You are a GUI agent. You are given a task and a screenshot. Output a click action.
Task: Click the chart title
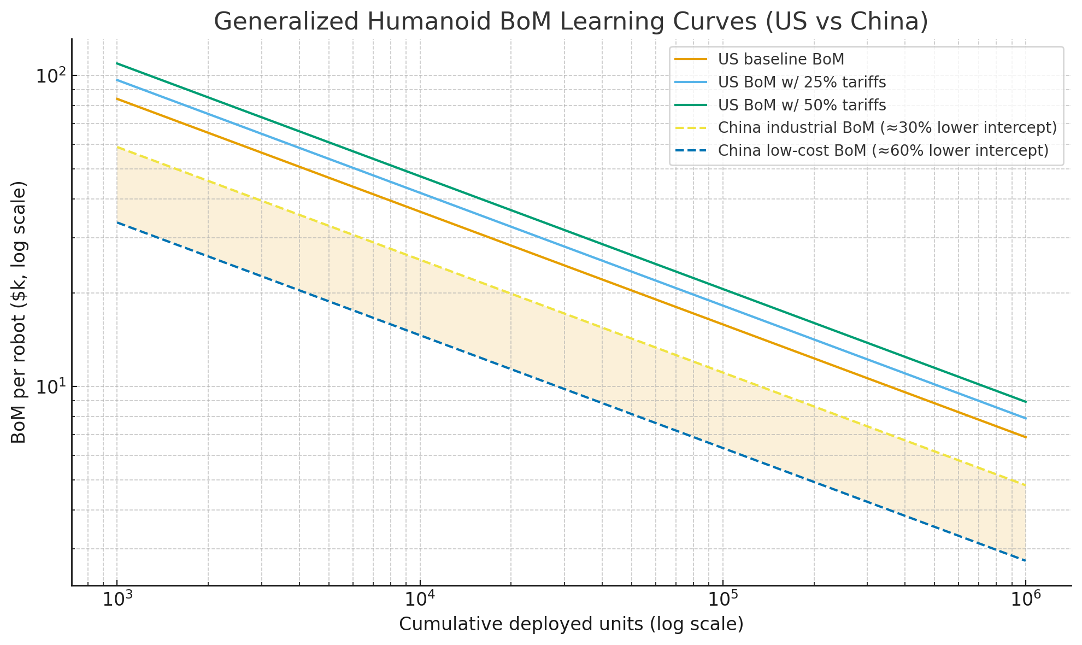tap(571, 22)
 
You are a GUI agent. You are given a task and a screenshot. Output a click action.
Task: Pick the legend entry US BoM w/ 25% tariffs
tap(802, 82)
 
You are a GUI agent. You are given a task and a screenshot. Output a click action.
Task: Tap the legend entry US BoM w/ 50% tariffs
tap(802, 104)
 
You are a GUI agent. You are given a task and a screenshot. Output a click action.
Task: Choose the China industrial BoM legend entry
tap(887, 127)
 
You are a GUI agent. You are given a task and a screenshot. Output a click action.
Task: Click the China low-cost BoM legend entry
tap(883, 150)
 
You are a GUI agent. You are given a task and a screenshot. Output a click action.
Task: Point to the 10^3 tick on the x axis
tap(116, 600)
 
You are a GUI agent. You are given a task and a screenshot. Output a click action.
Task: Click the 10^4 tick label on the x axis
tap(420, 600)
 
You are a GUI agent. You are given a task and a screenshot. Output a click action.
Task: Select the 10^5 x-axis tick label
tap(722, 600)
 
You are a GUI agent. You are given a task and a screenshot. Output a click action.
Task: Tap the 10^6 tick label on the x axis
tap(1025, 600)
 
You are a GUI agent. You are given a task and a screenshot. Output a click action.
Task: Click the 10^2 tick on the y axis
tap(50, 75)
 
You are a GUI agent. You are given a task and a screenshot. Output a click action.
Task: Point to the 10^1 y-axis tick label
tap(50, 386)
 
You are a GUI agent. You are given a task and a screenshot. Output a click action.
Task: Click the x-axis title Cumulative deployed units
tap(571, 624)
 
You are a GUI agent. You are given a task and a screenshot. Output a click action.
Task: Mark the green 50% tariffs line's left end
tap(117, 63)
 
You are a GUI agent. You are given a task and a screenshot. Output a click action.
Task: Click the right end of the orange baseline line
tap(1026, 437)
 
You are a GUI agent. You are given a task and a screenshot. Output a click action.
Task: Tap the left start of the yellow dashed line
tap(117, 147)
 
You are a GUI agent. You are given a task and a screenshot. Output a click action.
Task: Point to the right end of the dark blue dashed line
tap(1026, 560)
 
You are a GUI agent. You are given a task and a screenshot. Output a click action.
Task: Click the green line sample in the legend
tap(691, 104)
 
